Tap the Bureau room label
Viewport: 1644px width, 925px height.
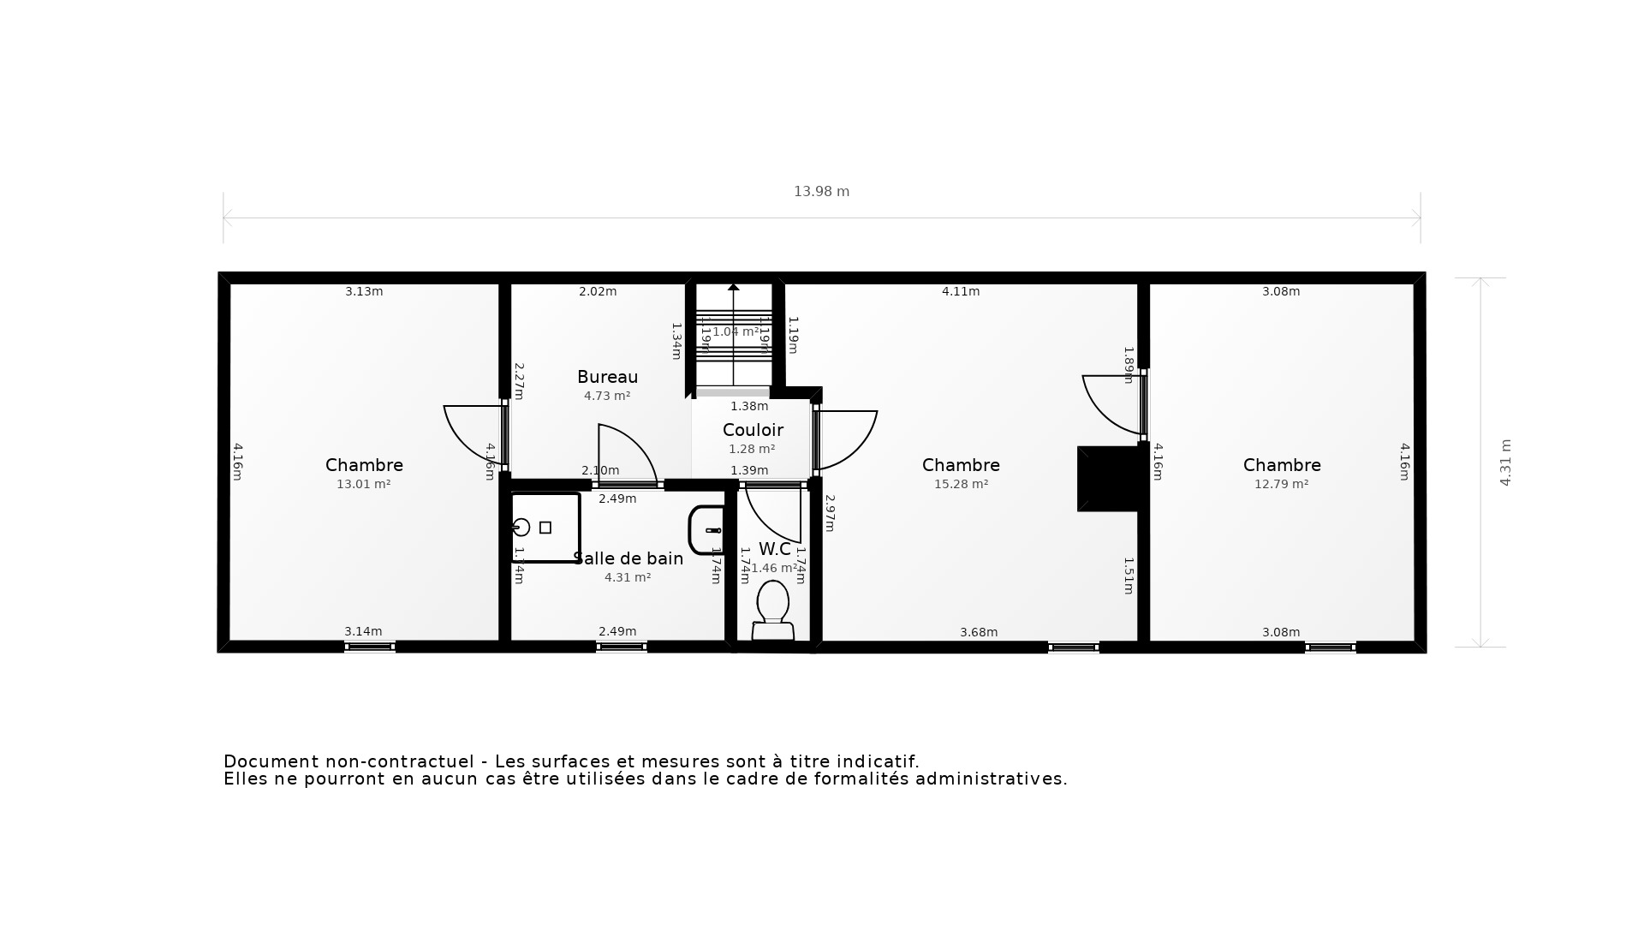pyautogui.click(x=607, y=377)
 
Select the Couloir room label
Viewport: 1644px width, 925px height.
pyautogui.click(x=753, y=430)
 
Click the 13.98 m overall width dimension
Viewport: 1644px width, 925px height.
pyautogui.click(x=821, y=192)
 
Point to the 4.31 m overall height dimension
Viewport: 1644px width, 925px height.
pyautogui.click(x=1505, y=462)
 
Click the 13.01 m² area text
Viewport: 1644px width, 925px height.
pyautogui.click(x=363, y=484)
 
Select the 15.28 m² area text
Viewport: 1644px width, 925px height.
pyautogui.click(x=961, y=484)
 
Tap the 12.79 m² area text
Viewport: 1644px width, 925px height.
pyautogui.click(x=1281, y=484)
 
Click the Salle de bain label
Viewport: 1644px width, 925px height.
pyautogui.click(x=628, y=558)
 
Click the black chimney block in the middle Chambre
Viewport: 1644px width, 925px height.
pyautogui.click(x=1108, y=478)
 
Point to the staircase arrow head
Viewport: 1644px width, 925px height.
pyautogui.click(x=734, y=288)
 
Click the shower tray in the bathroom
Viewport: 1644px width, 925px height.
pyautogui.click(x=545, y=528)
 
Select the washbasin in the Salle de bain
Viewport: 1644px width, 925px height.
pyautogui.click(x=706, y=530)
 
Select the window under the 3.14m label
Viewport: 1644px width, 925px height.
pyautogui.click(x=369, y=647)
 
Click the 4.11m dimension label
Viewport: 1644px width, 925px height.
pyautogui.click(x=961, y=291)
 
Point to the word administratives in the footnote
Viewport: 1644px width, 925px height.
pyautogui.click(x=991, y=779)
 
